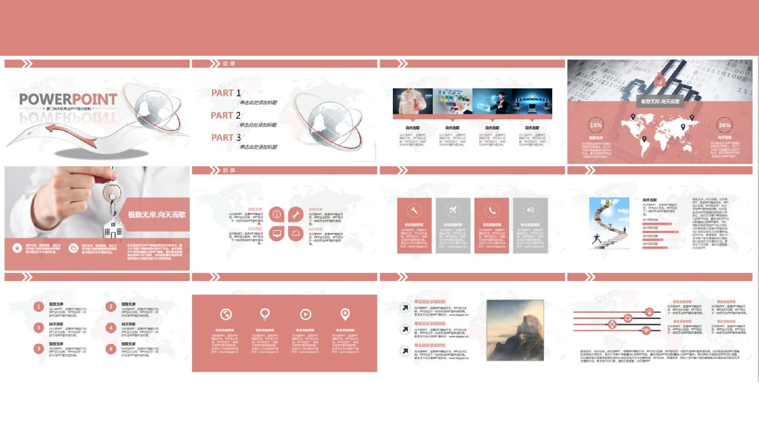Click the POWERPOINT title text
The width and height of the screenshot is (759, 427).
(68, 99)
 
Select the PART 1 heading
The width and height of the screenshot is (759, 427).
(226, 93)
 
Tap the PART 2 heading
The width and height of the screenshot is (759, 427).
(226, 115)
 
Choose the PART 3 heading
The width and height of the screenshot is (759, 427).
(226, 138)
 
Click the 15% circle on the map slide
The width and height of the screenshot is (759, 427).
(595, 125)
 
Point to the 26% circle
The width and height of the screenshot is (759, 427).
(724, 125)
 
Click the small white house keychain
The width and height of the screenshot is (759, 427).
(113, 228)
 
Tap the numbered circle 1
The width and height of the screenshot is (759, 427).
(39, 307)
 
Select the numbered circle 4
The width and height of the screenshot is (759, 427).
(111, 328)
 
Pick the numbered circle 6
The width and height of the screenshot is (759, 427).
(111, 349)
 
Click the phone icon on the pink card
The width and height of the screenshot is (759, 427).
(492, 210)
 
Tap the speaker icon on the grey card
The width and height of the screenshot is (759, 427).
(530, 210)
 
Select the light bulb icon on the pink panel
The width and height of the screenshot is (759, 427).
(265, 314)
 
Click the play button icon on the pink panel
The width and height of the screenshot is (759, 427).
(305, 314)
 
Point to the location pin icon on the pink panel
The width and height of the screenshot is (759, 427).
(345, 314)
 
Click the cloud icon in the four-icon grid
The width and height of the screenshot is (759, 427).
(296, 233)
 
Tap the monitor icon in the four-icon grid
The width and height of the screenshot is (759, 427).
(277, 233)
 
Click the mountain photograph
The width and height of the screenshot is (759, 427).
(515, 330)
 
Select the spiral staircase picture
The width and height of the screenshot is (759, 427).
(609, 223)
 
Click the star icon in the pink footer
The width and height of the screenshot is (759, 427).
(17, 248)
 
